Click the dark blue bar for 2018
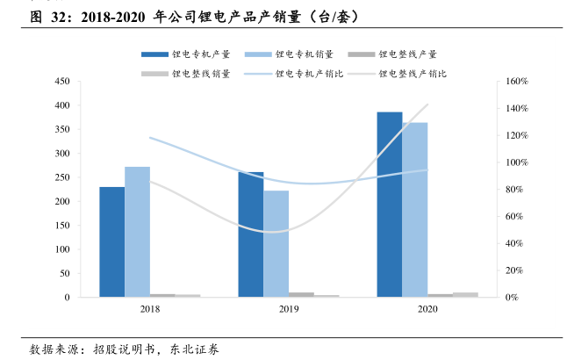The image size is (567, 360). point(111,241)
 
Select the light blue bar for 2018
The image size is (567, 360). point(137,232)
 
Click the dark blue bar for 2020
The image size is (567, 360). point(390,205)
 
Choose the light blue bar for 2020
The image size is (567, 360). point(415,209)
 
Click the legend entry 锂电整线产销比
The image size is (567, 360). point(413,75)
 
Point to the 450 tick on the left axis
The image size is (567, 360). point(61,82)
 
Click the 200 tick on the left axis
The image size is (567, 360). point(61,202)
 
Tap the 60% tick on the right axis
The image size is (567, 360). point(513,217)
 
